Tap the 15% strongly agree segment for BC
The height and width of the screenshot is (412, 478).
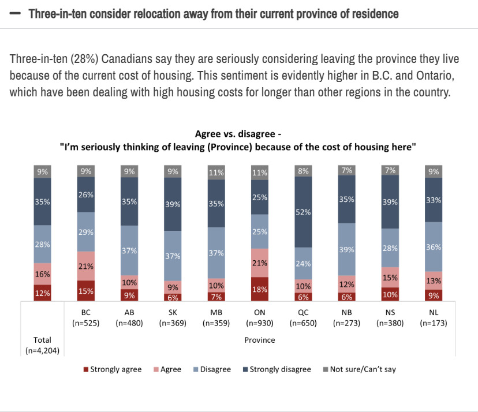(87, 291)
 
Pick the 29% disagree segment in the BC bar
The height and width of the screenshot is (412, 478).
(87, 231)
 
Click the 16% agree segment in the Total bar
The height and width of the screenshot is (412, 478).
(43, 274)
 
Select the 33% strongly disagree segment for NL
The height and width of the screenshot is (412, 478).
(434, 200)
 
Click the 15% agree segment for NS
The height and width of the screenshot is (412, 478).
(390, 278)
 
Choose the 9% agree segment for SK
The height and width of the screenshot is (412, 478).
(172, 287)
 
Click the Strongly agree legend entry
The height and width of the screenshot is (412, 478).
(113, 369)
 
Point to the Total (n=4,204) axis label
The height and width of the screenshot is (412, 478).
(43, 344)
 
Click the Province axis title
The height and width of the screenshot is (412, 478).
(260, 340)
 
